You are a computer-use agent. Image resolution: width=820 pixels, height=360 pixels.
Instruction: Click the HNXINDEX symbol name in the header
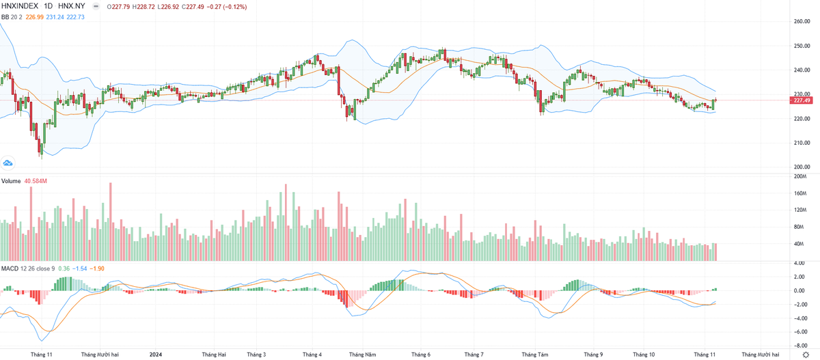(x=25, y=7)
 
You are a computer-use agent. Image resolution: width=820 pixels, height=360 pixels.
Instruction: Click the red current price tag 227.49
(x=800, y=100)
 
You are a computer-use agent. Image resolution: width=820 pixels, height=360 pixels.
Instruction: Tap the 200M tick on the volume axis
(x=799, y=176)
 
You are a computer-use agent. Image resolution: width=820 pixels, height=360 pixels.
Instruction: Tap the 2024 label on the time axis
(x=156, y=354)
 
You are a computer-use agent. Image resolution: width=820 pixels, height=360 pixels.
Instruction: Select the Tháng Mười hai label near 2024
(x=100, y=354)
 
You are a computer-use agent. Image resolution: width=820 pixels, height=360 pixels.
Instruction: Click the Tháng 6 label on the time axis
(x=421, y=354)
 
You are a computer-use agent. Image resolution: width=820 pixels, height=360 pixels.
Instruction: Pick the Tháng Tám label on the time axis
(x=534, y=354)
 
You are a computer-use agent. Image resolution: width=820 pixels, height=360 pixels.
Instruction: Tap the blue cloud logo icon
(x=8, y=163)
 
